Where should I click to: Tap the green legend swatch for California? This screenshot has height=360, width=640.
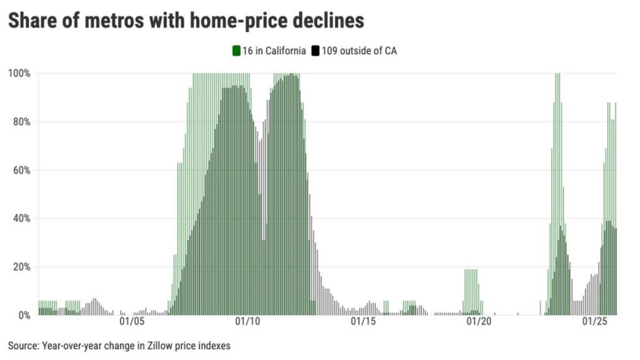click(236, 51)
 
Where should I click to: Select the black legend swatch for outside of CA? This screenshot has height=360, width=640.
click(315, 51)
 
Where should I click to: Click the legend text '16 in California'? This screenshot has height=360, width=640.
click(274, 51)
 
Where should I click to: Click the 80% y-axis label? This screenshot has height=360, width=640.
click(21, 122)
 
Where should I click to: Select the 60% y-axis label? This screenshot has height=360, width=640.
click(21, 170)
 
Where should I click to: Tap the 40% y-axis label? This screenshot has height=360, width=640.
click(21, 219)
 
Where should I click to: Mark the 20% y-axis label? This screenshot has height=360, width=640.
click(21, 267)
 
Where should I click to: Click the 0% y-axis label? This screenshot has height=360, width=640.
click(23, 315)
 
